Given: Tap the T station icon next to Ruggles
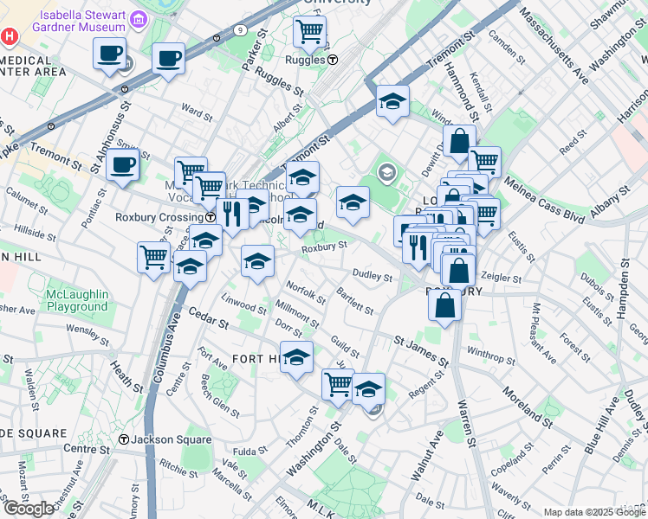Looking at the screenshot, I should pos(333,60).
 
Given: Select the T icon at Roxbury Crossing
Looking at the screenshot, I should pos(211,218).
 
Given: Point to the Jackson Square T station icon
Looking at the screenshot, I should pos(124,439).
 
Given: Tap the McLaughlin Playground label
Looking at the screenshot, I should pos(77,300).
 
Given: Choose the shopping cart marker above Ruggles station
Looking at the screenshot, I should pos(309,32).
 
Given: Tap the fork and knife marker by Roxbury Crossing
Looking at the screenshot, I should pos(231,212).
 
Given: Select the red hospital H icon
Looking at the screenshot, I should pos(10,37).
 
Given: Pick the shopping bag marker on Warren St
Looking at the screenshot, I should pos(444,304).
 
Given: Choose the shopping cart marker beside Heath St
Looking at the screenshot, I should pos(153,255).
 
